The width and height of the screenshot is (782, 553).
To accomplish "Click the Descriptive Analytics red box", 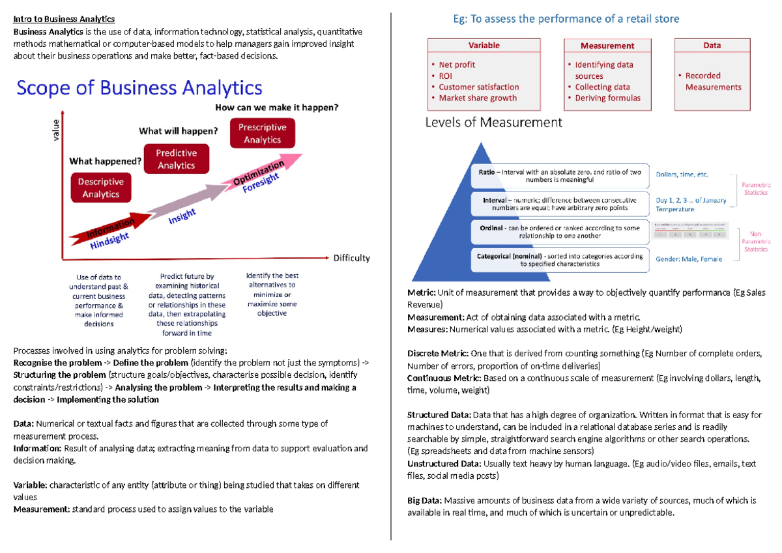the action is (100, 188).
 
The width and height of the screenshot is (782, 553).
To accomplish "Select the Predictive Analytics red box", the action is (176, 159).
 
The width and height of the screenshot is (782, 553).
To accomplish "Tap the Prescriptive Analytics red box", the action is (262, 134).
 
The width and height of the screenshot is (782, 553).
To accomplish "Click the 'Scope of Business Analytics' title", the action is (139, 88).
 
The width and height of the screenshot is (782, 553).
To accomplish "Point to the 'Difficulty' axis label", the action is (351, 258).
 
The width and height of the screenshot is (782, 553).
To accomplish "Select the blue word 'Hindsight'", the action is (109, 240).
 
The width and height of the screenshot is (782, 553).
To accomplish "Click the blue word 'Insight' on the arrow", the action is (182, 217).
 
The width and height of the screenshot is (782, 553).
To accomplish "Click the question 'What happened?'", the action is (106, 161).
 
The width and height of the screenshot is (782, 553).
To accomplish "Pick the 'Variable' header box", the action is (484, 46).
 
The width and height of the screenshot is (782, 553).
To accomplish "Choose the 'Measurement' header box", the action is (607, 46).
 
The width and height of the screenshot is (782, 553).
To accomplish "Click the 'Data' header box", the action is (712, 46).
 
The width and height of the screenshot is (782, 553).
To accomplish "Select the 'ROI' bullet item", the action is (446, 76).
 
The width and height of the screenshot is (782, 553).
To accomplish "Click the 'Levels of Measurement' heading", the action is (493, 122).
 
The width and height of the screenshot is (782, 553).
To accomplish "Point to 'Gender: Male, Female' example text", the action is (689, 259).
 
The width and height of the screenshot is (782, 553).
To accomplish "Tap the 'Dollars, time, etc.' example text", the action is (682, 175).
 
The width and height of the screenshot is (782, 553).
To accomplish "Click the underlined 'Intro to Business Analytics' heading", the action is (64, 19).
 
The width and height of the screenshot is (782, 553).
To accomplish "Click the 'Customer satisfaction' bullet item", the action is (478, 87).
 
